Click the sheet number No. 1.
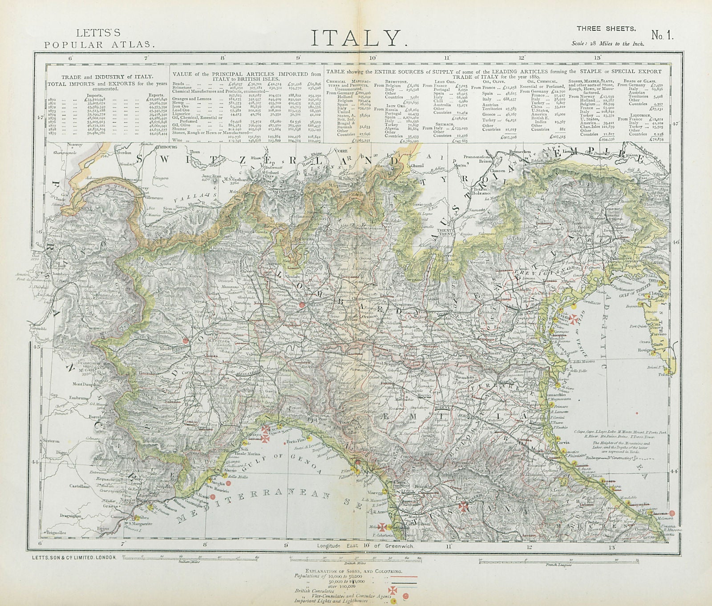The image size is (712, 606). (663, 36)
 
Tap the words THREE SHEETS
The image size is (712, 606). (606, 28)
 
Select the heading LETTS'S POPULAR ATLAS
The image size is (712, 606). (99, 39)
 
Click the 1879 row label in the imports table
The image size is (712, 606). (53, 133)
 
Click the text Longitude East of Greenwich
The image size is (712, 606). (365, 546)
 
